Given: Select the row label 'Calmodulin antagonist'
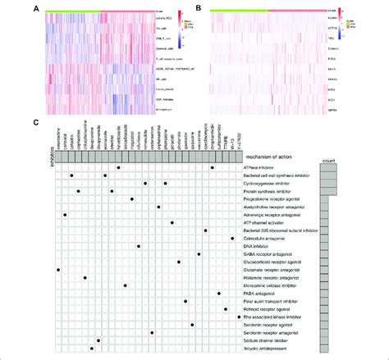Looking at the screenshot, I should pyautogui.click(x=259, y=238).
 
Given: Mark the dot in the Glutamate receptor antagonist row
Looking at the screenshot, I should pyautogui.click(x=58, y=270).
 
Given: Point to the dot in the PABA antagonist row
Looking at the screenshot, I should pyautogui.click(x=219, y=294).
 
